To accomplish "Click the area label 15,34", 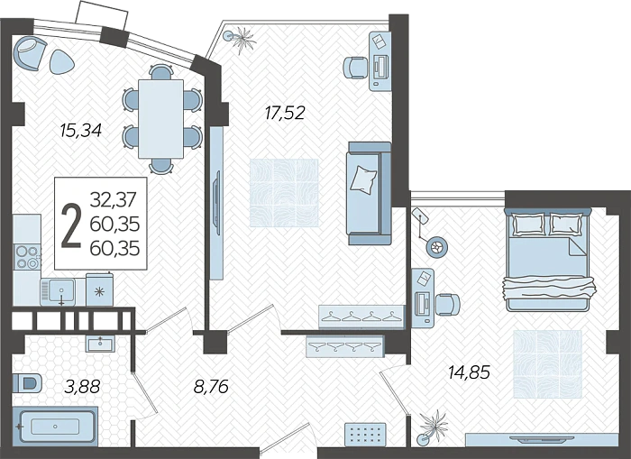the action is point(80,130).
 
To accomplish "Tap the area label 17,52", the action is point(285,113).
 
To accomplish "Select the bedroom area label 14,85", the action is point(470,372).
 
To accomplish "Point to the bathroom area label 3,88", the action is point(82,387).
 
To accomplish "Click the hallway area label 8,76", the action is point(211,387).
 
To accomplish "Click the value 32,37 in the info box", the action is point(114,199).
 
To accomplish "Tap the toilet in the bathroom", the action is point(27,383).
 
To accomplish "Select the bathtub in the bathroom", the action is point(55,427).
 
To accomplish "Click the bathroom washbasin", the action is point(100,344).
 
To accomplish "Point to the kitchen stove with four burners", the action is point(27,257).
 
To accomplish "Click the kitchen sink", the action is point(58,290).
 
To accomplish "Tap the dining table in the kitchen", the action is point(161,119).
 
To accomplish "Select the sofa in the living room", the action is point(370,193).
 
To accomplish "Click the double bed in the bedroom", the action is point(549,260).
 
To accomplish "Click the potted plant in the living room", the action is point(240,39).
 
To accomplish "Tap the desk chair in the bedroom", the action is point(447,305).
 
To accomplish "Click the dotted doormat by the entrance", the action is point(366,435).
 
